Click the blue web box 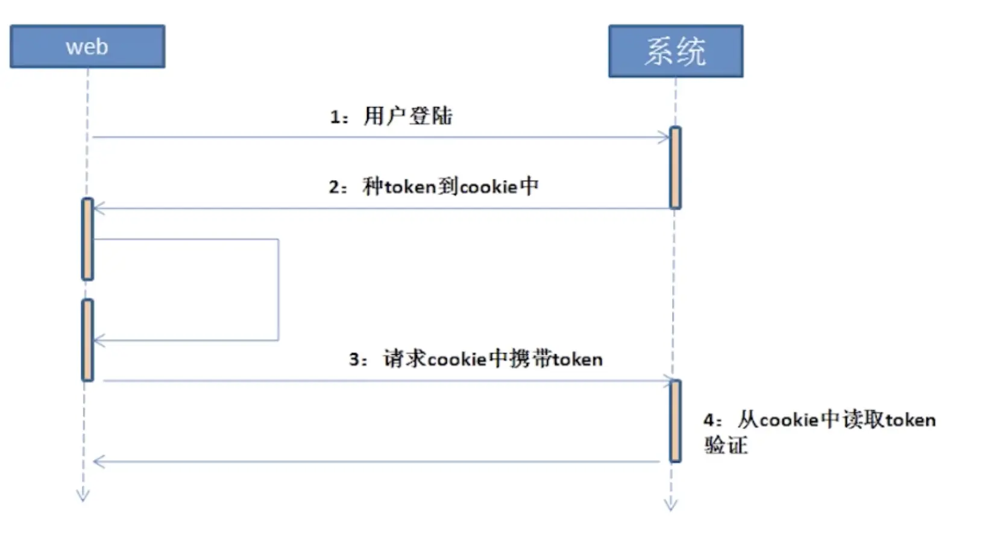pyautogui.click(x=87, y=46)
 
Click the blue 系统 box pyautogui.click(x=675, y=51)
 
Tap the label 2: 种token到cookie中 pyautogui.click(x=433, y=187)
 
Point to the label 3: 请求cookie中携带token pyautogui.click(x=476, y=359)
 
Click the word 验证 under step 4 pyautogui.click(x=726, y=446)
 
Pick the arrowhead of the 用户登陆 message pyautogui.click(x=664, y=137)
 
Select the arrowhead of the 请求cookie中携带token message pyautogui.click(x=667, y=381)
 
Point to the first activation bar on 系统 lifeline pyautogui.click(x=676, y=167)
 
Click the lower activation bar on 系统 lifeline pyautogui.click(x=676, y=420)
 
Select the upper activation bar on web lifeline pyautogui.click(x=87, y=239)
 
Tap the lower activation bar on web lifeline pyautogui.click(x=87, y=340)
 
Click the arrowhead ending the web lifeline pyautogui.click(x=83, y=496)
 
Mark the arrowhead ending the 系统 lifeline pyautogui.click(x=671, y=505)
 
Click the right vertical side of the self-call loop pyautogui.click(x=278, y=289)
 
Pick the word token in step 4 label pyautogui.click(x=910, y=420)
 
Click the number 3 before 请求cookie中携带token pyautogui.click(x=354, y=360)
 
